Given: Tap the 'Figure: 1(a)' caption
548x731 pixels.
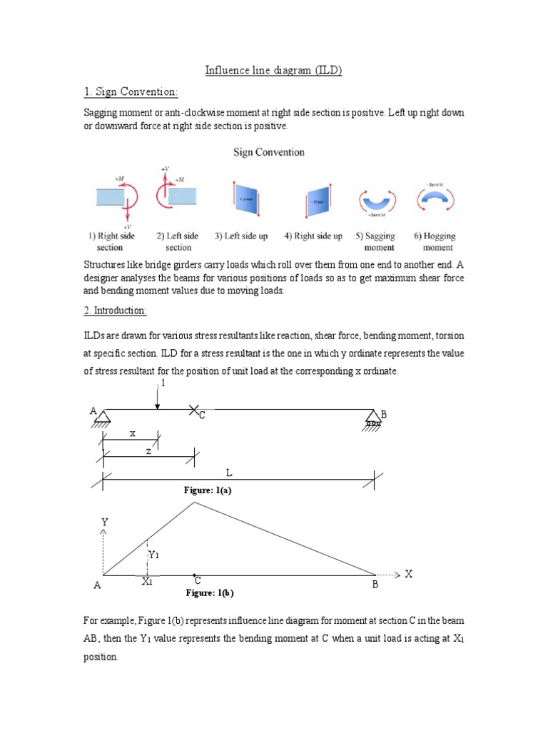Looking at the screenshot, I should (x=208, y=490).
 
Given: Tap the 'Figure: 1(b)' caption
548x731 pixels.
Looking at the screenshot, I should (x=210, y=593).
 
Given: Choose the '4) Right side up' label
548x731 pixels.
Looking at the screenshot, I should (x=313, y=236).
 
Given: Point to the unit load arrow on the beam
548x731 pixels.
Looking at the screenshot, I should (x=158, y=398).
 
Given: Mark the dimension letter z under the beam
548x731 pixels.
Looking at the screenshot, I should (x=148, y=452).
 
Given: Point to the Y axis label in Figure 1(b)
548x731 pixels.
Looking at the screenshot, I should (x=105, y=523).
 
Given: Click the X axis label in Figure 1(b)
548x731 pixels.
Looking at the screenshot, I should (x=409, y=574).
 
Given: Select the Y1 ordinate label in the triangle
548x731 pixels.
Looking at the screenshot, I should (x=154, y=555).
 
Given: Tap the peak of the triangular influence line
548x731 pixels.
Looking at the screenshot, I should (x=194, y=502).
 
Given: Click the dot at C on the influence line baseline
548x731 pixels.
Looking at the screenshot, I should (x=194, y=574).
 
